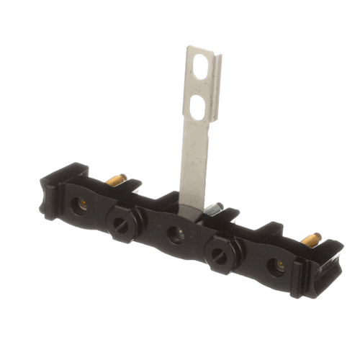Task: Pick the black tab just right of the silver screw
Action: (x=230, y=214)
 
